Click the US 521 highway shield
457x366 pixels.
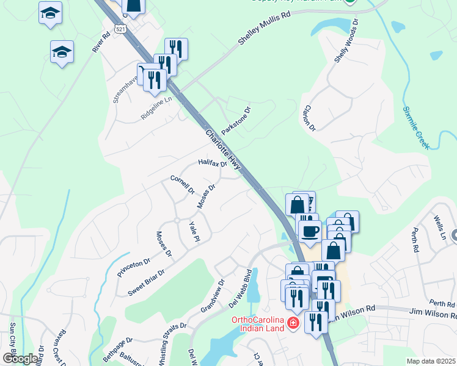click(x=120, y=29)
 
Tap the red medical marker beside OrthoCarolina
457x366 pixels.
click(x=294, y=322)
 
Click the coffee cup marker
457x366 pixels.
click(x=310, y=231)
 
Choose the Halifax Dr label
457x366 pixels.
click(x=212, y=163)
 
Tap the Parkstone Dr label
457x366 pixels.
click(x=236, y=121)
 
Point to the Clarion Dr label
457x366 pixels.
click(x=309, y=118)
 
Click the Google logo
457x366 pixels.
click(x=20, y=359)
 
